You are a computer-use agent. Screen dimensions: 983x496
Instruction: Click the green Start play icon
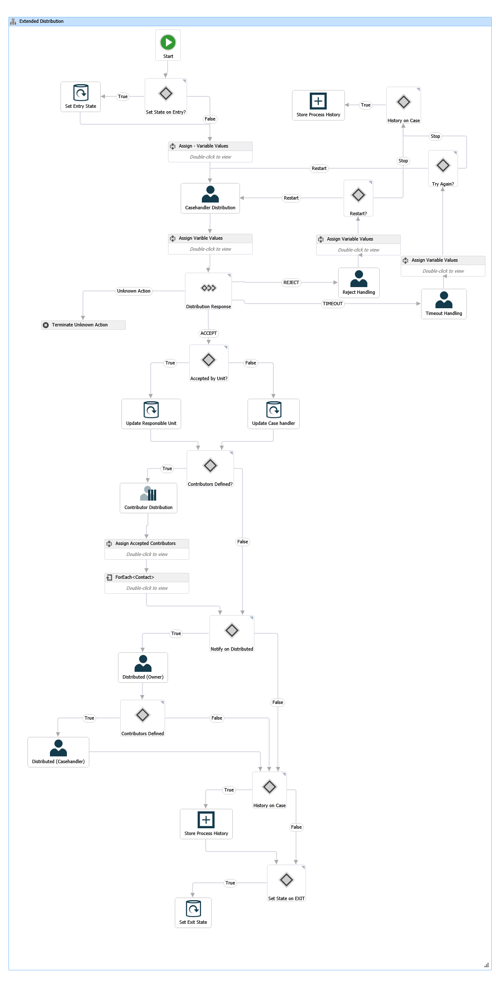(x=168, y=42)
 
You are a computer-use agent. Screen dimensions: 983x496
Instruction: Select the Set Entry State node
(x=80, y=97)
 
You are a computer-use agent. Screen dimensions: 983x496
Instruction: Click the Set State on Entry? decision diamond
(x=166, y=93)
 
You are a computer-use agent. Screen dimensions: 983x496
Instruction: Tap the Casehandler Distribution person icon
(x=210, y=194)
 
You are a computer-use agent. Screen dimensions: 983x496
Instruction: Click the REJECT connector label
(x=291, y=282)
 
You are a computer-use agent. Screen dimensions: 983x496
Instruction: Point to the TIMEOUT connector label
(x=333, y=304)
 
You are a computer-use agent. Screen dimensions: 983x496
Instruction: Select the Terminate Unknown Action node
(x=83, y=325)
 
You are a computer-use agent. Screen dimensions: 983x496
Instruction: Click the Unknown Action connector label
(x=134, y=291)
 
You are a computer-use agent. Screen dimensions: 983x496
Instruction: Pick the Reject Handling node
(x=358, y=283)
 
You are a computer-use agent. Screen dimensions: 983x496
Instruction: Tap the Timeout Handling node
(x=444, y=304)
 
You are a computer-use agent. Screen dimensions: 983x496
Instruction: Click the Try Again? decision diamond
(x=443, y=165)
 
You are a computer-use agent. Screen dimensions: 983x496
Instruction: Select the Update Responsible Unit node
(x=151, y=414)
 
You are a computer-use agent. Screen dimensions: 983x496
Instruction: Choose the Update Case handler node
(x=273, y=414)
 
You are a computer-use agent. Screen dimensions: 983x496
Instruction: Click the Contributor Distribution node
(x=148, y=498)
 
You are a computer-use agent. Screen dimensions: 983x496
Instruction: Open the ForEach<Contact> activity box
(x=146, y=583)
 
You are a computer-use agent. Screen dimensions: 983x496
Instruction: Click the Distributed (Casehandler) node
(x=58, y=752)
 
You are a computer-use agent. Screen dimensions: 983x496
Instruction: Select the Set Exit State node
(x=193, y=913)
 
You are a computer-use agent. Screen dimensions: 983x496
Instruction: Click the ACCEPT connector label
(x=209, y=333)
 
